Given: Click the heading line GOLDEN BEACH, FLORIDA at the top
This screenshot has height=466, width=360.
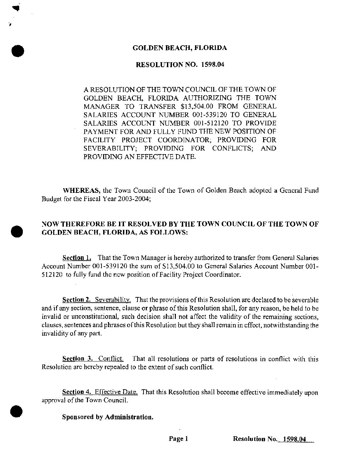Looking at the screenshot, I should (180, 48).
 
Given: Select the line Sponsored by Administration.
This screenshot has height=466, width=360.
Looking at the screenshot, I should (108, 417).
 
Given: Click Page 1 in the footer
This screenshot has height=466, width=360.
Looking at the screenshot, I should (178, 439).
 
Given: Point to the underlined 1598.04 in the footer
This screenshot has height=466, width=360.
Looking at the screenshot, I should (293, 439).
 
